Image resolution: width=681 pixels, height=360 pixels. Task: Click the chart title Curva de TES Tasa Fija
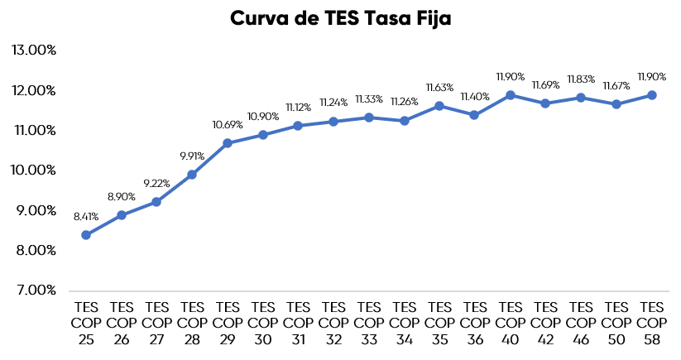[340, 19]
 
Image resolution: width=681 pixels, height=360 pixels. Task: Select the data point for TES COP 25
[86, 235]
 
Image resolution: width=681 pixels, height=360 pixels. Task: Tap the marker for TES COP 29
[228, 143]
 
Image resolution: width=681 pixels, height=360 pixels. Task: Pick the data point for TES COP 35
[439, 106]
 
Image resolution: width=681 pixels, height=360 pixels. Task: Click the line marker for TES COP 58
[652, 95]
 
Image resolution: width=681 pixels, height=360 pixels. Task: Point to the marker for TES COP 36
[475, 115]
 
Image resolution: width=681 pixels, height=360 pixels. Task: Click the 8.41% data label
[86, 217]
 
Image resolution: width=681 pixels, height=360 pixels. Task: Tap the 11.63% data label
[439, 88]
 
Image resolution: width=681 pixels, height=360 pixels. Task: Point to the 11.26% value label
[405, 102]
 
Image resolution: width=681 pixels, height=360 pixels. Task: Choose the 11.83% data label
[581, 79]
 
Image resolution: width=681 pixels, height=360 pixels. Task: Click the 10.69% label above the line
[228, 125]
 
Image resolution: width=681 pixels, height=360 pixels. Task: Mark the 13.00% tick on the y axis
[34, 50]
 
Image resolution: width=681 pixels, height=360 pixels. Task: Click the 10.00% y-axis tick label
[34, 170]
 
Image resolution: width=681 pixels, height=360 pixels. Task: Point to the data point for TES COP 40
[511, 95]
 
